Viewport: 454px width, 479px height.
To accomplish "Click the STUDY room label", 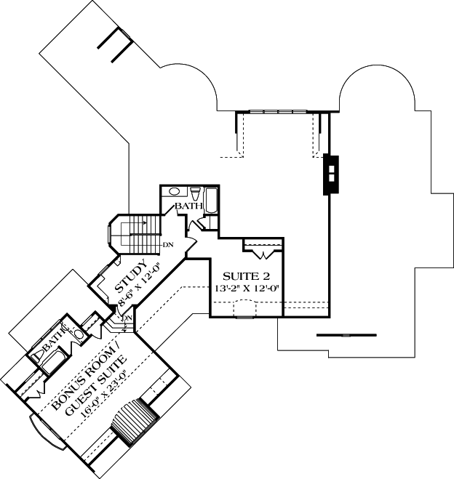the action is click(x=131, y=276).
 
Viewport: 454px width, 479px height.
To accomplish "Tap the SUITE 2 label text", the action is click(x=246, y=276).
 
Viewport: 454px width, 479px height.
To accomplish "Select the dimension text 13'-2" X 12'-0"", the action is click(x=247, y=289).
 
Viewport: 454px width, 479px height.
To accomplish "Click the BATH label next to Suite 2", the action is click(x=188, y=206).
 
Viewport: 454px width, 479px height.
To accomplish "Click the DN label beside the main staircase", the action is click(x=168, y=245).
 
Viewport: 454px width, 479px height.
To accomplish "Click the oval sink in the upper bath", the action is click(x=174, y=192).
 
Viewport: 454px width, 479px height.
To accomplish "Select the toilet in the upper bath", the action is click(x=195, y=193).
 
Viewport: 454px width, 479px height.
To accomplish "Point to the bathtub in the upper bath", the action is click(x=211, y=201).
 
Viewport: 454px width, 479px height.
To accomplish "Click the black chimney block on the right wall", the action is click(x=331, y=175).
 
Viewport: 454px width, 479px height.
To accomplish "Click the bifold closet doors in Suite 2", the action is click(x=263, y=254).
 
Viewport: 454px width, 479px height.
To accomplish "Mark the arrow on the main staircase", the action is click(x=134, y=223).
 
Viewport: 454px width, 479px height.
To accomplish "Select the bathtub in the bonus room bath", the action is click(x=52, y=362).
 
